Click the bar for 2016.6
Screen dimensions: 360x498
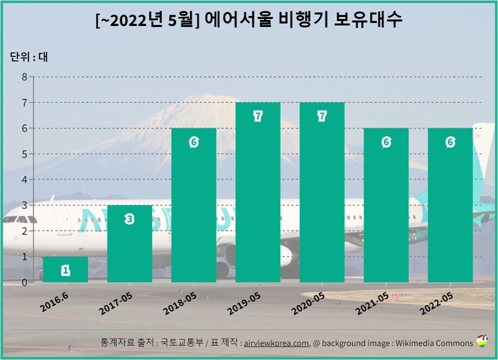click(65, 269)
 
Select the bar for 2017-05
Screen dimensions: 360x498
click(129, 244)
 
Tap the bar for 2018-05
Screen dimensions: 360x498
click(194, 205)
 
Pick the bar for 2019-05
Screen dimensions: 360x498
click(257, 192)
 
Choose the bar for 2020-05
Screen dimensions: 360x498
click(322, 192)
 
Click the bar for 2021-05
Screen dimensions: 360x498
click(386, 205)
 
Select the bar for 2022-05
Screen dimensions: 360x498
click(450, 205)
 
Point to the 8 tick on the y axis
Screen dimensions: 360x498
click(24, 77)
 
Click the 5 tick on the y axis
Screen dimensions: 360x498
click(24, 154)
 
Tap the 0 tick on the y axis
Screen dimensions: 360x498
click(24, 282)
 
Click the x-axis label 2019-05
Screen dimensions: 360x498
click(244, 303)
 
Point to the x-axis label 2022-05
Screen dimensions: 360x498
click(436, 303)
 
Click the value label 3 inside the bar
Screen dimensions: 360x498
click(129, 219)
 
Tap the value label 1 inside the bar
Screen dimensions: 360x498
click(65, 270)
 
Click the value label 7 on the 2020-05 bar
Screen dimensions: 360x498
click(322, 116)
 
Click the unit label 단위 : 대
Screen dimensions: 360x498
click(28, 57)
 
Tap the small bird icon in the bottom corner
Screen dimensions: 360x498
click(482, 342)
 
